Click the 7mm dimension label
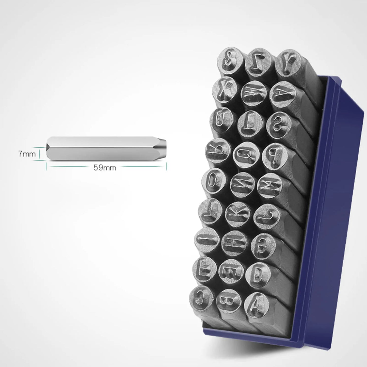point(27,154)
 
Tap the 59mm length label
point(105,168)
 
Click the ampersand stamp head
point(230,59)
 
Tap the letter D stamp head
point(258,275)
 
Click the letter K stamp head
point(238,214)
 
